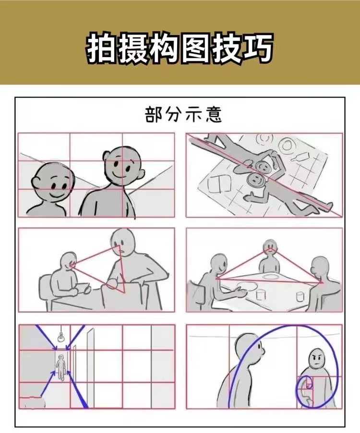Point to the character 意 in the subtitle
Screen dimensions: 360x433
pyautogui.click(x=214, y=114)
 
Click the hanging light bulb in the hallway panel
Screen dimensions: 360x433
pyautogui.click(x=61, y=337)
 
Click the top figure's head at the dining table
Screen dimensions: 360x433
pyautogui.click(x=270, y=246)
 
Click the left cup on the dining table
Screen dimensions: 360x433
pyautogui.click(x=260, y=294)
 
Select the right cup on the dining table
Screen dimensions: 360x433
pyautogui.click(x=300, y=296)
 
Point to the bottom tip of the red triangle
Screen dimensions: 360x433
pyautogui.click(x=124, y=292)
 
